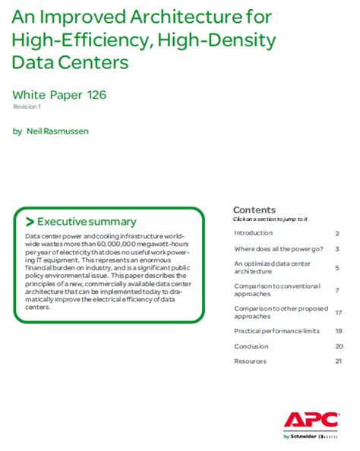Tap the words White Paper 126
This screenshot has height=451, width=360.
60,95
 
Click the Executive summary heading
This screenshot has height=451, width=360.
87,222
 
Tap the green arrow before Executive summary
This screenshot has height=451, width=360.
30,222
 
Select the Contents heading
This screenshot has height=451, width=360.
254,210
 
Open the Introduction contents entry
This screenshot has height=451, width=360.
253,233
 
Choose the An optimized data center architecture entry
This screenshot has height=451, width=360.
272,267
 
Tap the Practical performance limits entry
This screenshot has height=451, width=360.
277,331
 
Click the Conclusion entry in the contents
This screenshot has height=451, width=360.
251,346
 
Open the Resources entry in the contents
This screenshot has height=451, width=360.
251,361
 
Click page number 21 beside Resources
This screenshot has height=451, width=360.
339,361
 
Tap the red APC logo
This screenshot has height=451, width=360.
307,420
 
